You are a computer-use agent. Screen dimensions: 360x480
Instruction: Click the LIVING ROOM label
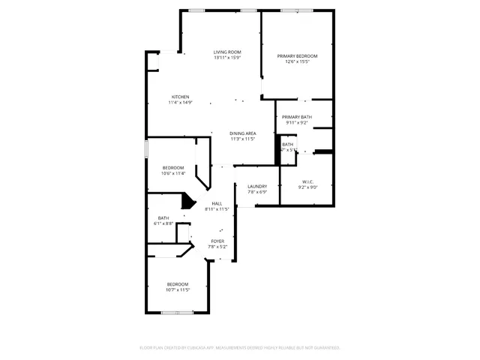(227, 52)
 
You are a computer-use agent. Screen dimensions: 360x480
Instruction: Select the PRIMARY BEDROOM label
(297, 56)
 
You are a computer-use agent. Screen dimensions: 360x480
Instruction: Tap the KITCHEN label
(180, 97)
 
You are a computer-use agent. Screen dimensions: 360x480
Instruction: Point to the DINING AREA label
(242, 133)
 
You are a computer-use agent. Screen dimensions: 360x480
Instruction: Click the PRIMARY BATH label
(297, 117)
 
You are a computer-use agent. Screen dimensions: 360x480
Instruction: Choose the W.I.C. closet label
(307, 181)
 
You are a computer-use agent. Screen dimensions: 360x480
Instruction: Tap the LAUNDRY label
(257, 186)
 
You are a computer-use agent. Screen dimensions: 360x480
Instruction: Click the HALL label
(217, 203)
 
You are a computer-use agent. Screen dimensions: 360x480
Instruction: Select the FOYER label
(217, 241)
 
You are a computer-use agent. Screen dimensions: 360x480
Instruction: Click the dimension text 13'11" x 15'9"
(227, 58)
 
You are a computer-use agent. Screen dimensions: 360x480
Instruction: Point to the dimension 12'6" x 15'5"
(297, 62)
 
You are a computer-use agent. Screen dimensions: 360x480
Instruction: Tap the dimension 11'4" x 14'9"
(180, 103)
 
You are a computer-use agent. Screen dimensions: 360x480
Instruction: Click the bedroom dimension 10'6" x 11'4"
(172, 173)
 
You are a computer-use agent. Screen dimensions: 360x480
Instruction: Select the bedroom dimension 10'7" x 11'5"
(178, 289)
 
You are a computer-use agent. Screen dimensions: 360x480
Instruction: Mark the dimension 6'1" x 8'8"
(163, 223)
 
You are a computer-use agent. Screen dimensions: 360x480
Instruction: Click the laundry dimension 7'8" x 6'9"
(257, 192)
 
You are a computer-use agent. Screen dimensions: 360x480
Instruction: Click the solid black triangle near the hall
(188, 202)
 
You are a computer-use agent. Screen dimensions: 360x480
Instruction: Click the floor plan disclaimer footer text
(240, 347)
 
